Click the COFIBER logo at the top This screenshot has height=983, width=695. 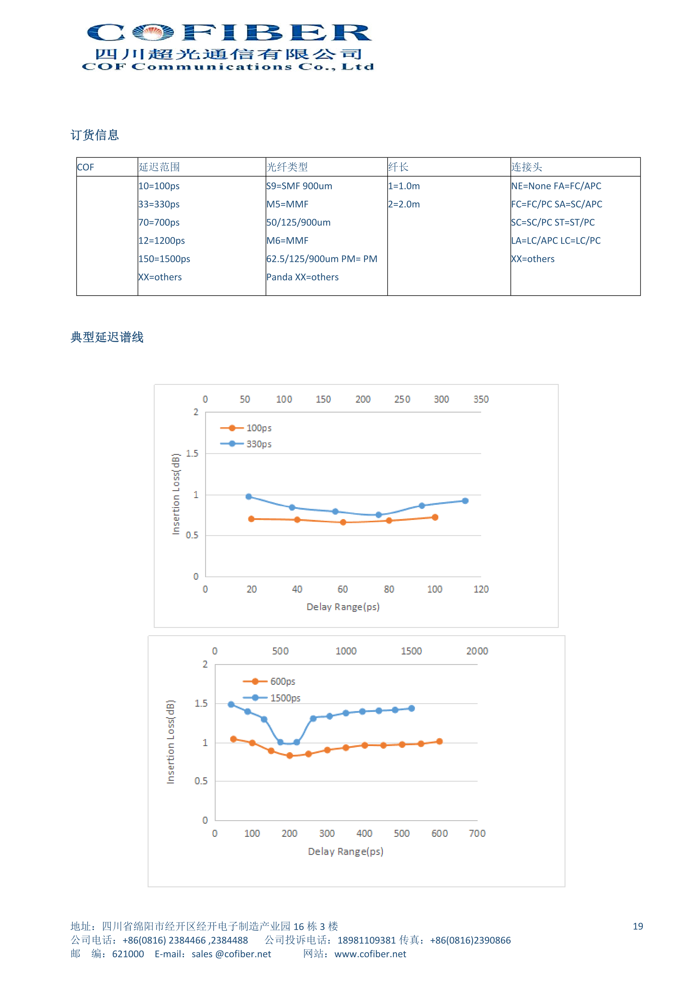228,46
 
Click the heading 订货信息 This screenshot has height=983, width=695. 95,135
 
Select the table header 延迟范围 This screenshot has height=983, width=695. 159,167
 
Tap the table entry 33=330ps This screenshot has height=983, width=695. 159,204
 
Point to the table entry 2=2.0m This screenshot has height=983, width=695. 404,204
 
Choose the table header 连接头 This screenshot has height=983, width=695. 526,167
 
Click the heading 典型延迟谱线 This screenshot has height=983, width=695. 107,337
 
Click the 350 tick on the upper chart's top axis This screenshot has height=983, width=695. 481,399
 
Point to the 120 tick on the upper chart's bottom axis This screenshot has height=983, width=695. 481,589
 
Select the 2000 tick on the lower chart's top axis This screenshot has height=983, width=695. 477,651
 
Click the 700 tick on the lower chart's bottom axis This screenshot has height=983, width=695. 477,833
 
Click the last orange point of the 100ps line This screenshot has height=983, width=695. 435,517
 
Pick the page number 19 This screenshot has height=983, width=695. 638,926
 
